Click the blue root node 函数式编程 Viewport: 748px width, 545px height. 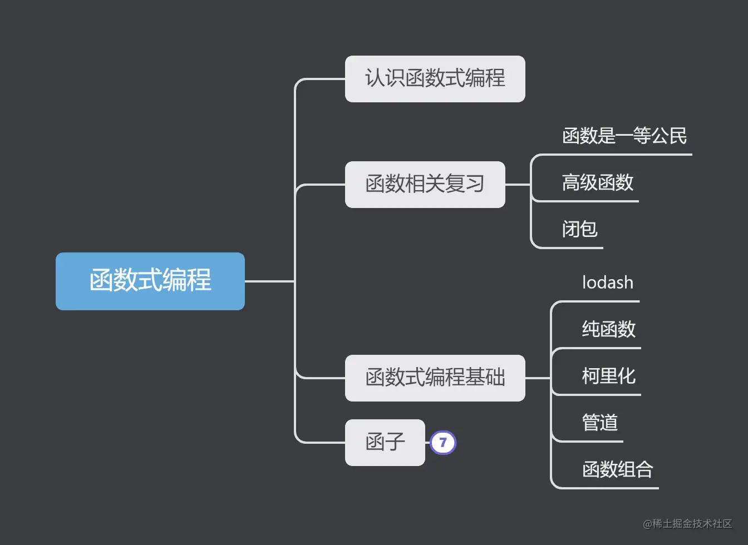(150, 281)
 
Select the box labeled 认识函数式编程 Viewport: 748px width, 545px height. (435, 78)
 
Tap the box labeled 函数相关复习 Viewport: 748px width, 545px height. (425, 184)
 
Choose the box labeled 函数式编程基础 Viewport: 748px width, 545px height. (435, 378)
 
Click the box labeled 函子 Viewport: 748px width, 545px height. (385, 442)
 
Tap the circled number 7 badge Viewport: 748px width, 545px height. (443, 443)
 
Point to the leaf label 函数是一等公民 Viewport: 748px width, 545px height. (624, 136)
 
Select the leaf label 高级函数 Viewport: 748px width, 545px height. (598, 182)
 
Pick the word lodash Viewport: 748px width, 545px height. (608, 283)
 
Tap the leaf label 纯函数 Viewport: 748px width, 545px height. (609, 329)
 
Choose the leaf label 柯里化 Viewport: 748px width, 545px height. (609, 376)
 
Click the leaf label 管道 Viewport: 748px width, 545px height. (600, 423)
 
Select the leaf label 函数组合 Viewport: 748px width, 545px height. (617, 469)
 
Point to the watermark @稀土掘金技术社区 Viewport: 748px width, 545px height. (687, 524)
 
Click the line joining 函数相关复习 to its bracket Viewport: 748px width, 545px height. (518, 185)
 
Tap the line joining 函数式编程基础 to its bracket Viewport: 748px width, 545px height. (538, 378)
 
